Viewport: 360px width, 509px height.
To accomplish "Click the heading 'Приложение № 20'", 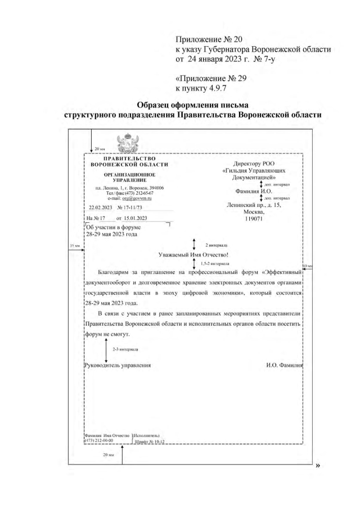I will [x=209, y=39].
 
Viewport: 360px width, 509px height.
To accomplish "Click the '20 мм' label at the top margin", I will [x=100, y=148].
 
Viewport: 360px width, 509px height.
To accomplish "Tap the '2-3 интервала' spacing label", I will [x=123, y=349].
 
